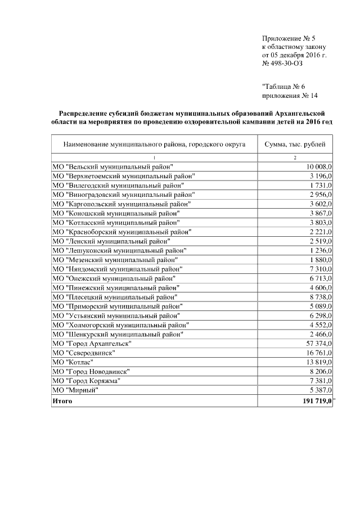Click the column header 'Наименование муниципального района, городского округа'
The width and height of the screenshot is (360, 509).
point(154,145)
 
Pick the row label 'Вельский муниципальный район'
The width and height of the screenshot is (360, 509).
point(112,167)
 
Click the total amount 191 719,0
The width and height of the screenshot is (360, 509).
point(314,401)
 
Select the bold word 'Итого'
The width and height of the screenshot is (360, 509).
point(62,401)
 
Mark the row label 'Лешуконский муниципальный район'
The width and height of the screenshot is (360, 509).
point(119,250)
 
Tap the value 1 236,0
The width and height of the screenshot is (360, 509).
point(321,250)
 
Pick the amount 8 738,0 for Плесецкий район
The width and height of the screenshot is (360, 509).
point(321,296)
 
